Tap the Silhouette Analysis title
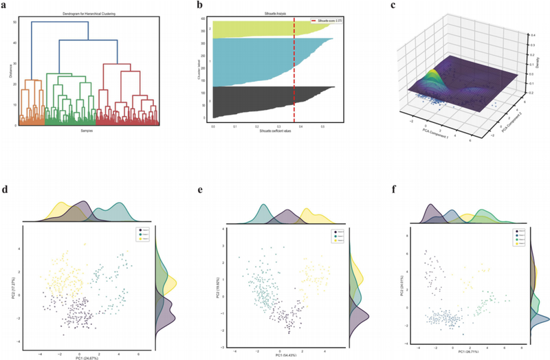pyautogui.click(x=277, y=14)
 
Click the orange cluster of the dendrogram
pyautogui.click(x=31, y=103)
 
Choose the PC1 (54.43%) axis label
pyautogui.click(x=278, y=355)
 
